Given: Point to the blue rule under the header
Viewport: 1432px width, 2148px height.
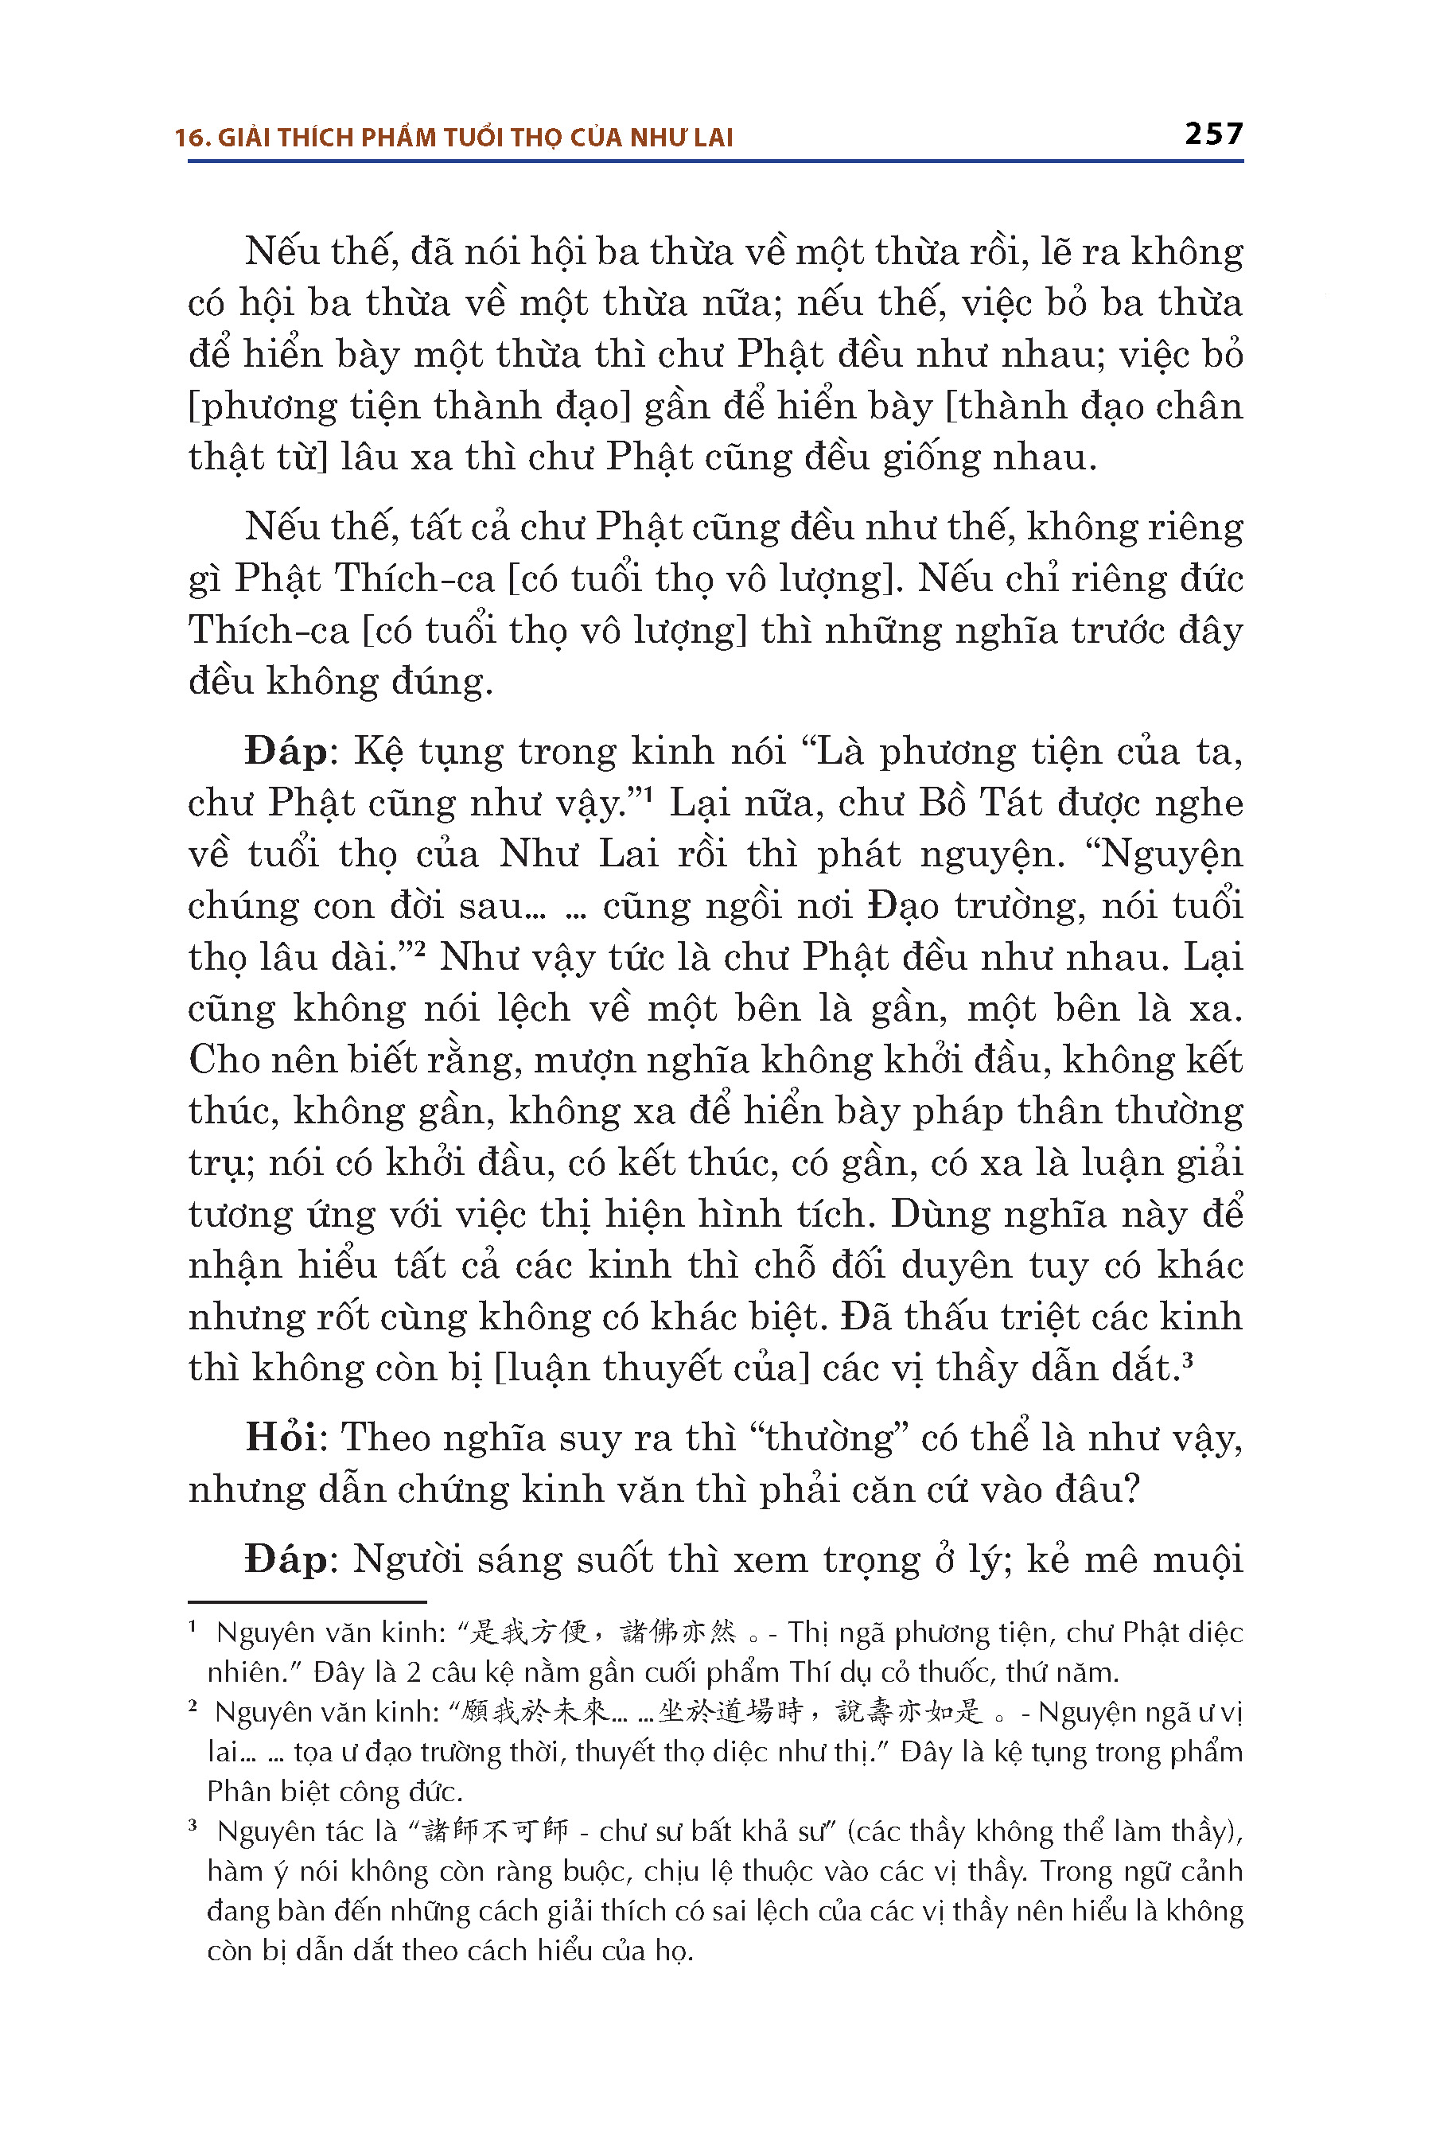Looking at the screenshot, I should coord(715,161).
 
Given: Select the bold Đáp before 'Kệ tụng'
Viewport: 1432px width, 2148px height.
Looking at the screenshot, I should coord(285,751).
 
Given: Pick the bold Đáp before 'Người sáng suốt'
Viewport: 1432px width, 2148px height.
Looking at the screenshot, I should coord(285,1559).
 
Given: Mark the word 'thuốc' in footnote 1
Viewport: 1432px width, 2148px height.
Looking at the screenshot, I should coord(956,1672).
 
